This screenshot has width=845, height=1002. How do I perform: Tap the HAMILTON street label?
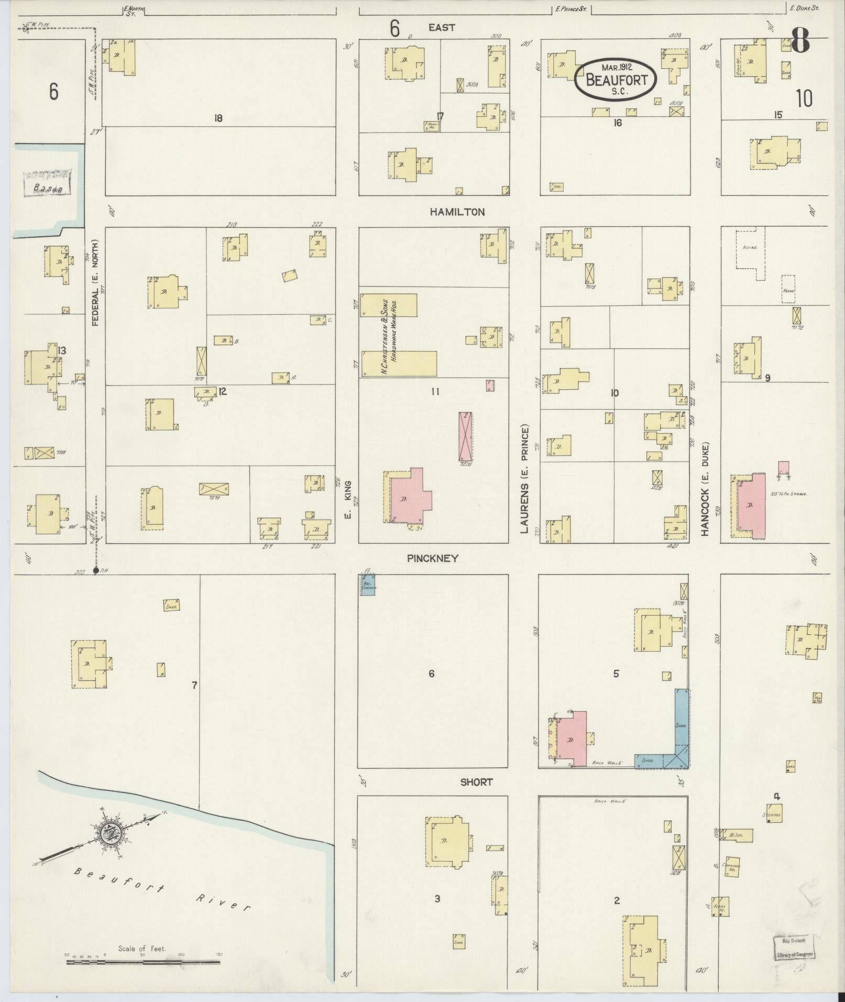point(457,212)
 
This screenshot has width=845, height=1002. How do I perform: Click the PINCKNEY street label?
point(433,558)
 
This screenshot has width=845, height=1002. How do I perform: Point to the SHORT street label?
point(476,782)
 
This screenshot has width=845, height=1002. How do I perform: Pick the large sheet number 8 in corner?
point(800,39)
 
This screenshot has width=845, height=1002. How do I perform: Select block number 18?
point(218,118)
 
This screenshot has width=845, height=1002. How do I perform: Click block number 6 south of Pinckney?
point(431,674)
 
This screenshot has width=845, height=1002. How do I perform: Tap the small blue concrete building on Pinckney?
point(368,585)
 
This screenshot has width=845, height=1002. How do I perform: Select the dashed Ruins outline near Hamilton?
point(749,249)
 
